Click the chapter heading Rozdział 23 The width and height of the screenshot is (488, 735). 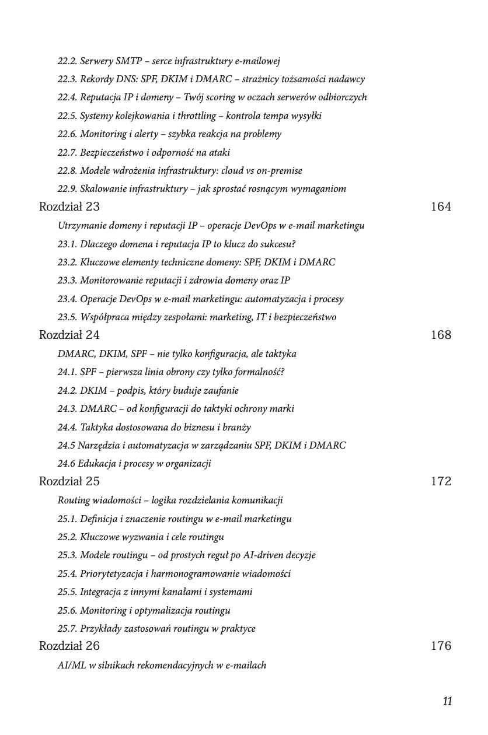point(69,206)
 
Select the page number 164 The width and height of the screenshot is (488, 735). point(441,206)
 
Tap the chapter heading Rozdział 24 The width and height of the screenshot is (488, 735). point(69,335)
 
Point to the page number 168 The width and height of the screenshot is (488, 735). point(441,335)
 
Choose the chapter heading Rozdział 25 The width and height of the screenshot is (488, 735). point(69,481)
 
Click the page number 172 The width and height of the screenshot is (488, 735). point(441,481)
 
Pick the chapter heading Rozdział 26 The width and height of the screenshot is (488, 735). point(69,646)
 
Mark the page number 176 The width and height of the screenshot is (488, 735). point(441,646)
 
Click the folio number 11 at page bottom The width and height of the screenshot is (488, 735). point(447,701)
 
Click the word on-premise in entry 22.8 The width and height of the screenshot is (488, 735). point(279,170)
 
